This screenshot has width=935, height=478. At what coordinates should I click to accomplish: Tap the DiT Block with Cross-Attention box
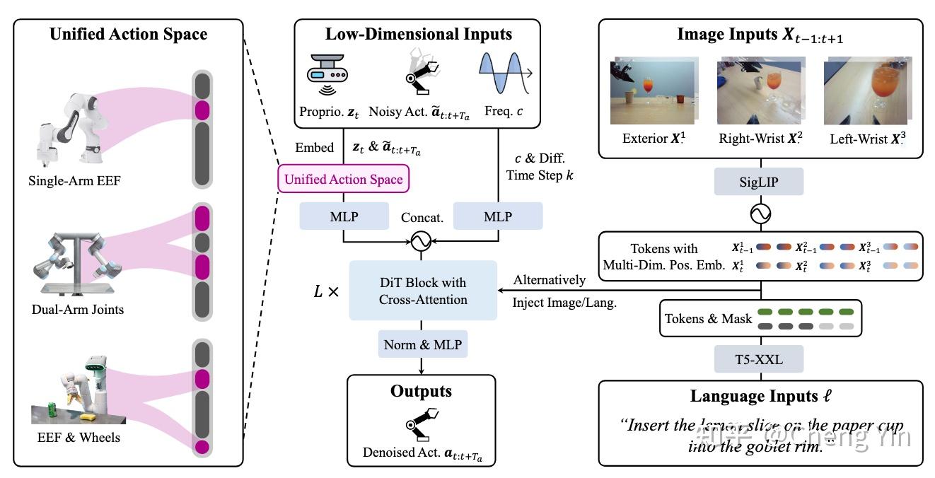422,290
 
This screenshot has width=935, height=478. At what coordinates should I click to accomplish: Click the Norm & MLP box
422,344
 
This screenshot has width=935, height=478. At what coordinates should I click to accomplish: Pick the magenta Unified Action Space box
344,179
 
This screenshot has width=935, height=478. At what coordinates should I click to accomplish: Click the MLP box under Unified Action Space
344,216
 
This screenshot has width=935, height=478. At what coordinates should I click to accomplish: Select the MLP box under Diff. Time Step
497,216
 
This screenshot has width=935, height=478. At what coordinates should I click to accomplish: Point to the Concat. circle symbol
422,243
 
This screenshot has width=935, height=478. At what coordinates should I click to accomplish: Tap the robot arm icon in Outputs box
422,422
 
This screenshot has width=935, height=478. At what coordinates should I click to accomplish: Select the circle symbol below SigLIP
761,213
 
